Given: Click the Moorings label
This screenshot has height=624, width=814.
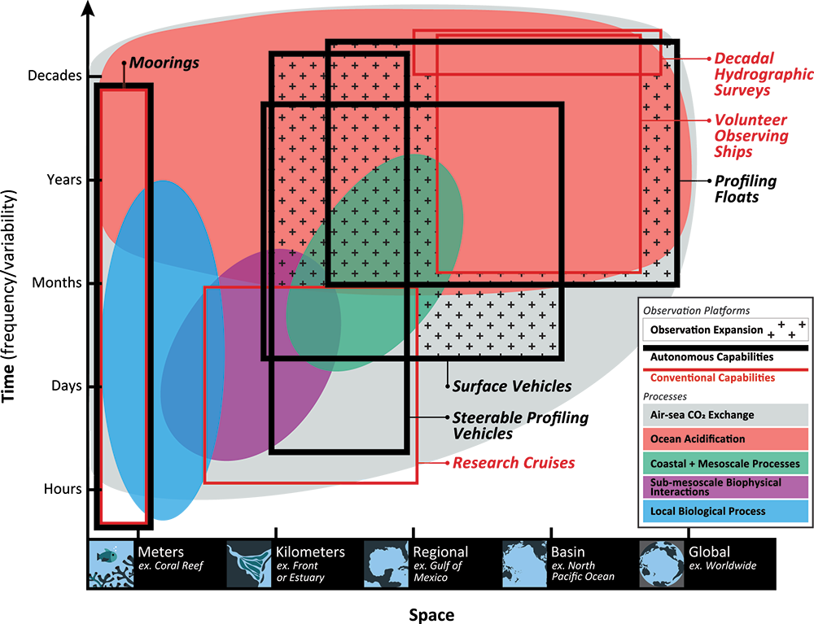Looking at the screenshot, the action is click(x=164, y=63).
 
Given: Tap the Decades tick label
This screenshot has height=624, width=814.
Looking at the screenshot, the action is click(x=55, y=76).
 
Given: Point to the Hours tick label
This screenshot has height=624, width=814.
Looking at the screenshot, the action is click(x=63, y=489).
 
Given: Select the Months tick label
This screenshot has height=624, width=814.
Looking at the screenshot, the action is click(x=57, y=282).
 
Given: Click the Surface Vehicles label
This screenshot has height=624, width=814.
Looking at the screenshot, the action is click(x=512, y=386).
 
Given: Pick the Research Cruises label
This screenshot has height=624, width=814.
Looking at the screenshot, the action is click(x=514, y=463).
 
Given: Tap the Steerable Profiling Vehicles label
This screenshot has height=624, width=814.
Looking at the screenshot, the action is click(x=520, y=425).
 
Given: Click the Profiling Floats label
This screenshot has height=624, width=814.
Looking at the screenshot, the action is click(x=746, y=189).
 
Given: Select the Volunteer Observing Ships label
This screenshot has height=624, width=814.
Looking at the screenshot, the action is click(x=751, y=136).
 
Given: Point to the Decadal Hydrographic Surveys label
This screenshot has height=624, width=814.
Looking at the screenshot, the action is click(x=764, y=74).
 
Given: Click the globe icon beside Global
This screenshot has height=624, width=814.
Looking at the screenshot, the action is click(x=662, y=564).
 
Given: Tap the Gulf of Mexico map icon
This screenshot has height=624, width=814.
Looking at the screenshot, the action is click(x=386, y=564).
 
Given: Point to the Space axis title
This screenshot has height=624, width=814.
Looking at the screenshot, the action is click(x=431, y=615).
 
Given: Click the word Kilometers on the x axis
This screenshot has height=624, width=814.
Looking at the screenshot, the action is click(x=310, y=552).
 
